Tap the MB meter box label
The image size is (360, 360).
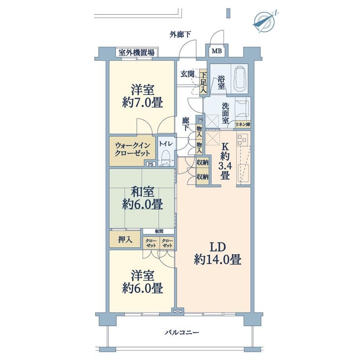pyautogui.click(x=216, y=51)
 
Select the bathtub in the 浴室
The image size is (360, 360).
pyautogui.click(x=239, y=77)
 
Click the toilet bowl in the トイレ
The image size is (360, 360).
pyautogui.click(x=166, y=158)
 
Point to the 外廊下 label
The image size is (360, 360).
pyautogui.click(x=180, y=34)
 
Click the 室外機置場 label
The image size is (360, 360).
pyautogui.click(x=136, y=52)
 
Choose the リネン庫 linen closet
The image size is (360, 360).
pyautogui.click(x=243, y=124)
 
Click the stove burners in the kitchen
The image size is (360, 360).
pyautogui.click(x=243, y=140)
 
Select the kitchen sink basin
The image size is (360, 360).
pyautogui.click(x=243, y=173)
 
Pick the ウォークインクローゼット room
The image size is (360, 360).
pyautogui.click(x=132, y=150)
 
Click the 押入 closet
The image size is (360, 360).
pyautogui.click(x=125, y=239)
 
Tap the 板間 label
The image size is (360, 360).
pyautogui.click(x=158, y=231)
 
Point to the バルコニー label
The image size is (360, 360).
pyautogui.click(x=182, y=332)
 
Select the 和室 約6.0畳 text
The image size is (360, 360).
pyautogui.click(x=142, y=198)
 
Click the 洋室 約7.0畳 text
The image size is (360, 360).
pyautogui.click(x=142, y=96)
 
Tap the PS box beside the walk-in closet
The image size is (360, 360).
pyautogui.click(x=151, y=164)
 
